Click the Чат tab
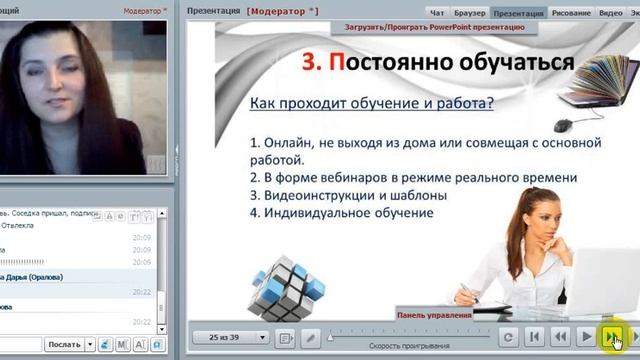pos(437,13)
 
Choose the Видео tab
pos(611,13)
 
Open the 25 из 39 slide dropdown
pos(231,338)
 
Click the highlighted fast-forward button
pos(612,337)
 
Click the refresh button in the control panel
pos(508,338)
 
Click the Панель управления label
pos(434,314)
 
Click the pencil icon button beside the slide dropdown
pos(311,338)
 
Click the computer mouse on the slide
pos(563,125)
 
